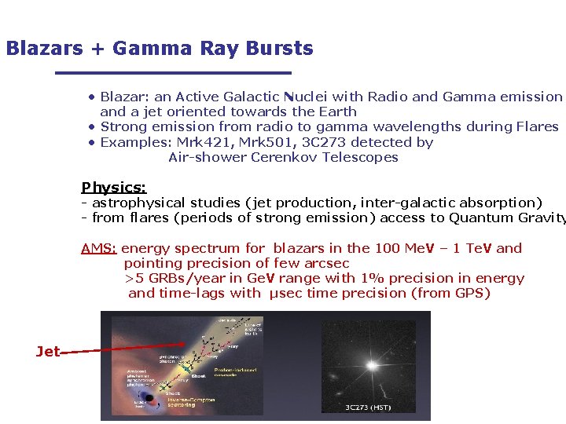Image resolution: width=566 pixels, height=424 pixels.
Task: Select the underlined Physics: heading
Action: coord(113,188)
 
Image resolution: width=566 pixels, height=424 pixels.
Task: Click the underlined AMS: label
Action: coord(99,248)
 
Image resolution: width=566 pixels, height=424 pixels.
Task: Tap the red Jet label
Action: coord(47,352)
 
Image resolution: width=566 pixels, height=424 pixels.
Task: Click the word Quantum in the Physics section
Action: coord(480,217)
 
